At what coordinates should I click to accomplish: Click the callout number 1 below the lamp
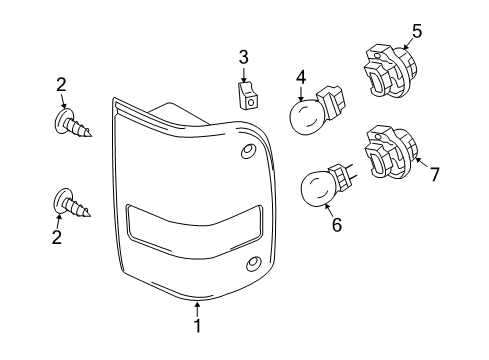(x=198, y=325)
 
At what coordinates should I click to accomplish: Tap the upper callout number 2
(x=62, y=85)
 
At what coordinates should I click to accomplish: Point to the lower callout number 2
(x=57, y=237)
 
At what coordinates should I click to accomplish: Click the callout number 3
(x=243, y=56)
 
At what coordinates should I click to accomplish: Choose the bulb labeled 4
(x=310, y=115)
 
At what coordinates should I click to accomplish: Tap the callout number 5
(x=416, y=31)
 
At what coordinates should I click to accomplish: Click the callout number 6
(x=336, y=226)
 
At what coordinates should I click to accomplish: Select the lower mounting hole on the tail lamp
(x=252, y=264)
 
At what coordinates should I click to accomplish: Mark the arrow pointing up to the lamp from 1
(x=198, y=308)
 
